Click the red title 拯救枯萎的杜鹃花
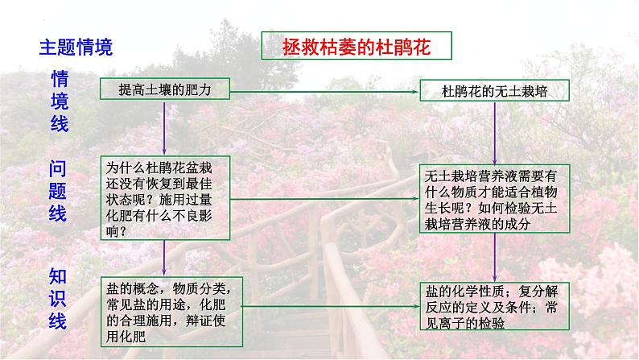pos(357,48)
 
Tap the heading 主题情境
pos(76,47)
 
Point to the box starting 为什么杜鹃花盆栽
pos(166,199)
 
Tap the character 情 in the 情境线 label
pos(60,79)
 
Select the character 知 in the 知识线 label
pos(59,276)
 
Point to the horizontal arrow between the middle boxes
pos(325,198)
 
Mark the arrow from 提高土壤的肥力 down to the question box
pos(164,129)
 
